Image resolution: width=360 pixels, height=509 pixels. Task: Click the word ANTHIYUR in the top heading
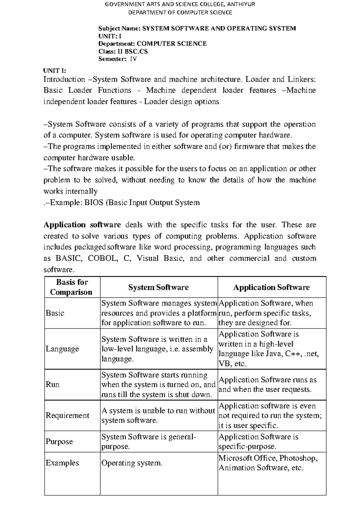(241, 4)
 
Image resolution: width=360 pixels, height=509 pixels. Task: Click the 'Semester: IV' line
(118, 59)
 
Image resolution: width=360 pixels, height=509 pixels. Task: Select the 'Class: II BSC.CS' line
(123, 51)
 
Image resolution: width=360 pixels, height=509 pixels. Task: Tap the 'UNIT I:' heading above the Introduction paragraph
(55, 71)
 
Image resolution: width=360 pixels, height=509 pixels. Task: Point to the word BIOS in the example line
(94, 203)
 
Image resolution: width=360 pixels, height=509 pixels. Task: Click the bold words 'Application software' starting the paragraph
(82, 225)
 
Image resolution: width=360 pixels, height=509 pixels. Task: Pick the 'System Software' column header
(158, 288)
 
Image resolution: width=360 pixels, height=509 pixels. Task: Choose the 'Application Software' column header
(271, 288)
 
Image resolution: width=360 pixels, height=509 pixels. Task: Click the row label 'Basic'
(55, 313)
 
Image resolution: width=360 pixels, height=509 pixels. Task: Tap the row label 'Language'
(62, 349)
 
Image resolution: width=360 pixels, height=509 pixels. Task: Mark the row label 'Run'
(52, 384)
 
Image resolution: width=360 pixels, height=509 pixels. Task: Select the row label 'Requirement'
(67, 415)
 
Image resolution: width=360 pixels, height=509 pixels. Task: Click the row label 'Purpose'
(59, 441)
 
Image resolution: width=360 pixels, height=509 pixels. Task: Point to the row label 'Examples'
(62, 463)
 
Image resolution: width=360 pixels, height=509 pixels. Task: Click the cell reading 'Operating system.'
(132, 463)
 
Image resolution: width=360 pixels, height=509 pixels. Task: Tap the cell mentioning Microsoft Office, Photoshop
(268, 463)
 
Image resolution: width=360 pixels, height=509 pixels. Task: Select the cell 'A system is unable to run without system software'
(158, 415)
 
